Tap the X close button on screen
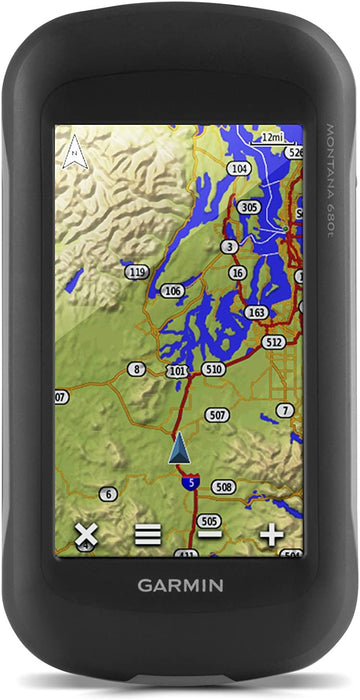(86, 534)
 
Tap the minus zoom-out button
(209, 535)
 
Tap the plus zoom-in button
(271, 534)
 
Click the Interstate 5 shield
(190, 483)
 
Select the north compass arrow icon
(72, 154)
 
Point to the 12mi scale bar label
(271, 137)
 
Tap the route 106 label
(173, 291)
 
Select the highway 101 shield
(178, 371)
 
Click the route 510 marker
(212, 369)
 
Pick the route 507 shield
(217, 414)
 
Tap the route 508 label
(223, 487)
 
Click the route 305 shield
(249, 207)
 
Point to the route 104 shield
(239, 170)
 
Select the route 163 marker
(257, 312)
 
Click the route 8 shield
(136, 369)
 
